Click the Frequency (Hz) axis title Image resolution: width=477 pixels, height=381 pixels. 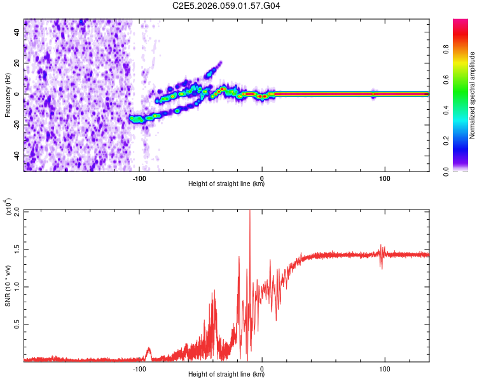coord(8,95)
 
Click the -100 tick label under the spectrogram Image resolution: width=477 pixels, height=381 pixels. coord(140,178)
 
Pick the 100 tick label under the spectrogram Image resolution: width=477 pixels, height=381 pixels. coord(384,178)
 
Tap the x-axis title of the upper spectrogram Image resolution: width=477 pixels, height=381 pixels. coord(226,184)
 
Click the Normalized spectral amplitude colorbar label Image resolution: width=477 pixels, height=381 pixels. coord(473,95)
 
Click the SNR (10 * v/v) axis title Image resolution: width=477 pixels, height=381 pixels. coord(8,286)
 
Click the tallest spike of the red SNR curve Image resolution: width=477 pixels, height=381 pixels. coord(249,213)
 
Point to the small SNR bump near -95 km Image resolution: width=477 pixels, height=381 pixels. coord(149,349)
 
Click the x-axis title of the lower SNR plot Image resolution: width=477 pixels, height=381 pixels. coord(226,375)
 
